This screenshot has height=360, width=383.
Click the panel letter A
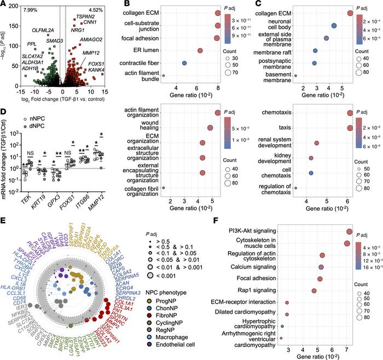pos(4,5)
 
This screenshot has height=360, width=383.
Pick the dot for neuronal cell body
pos(334,26)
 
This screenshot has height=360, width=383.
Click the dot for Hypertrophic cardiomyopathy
pos(282,326)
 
